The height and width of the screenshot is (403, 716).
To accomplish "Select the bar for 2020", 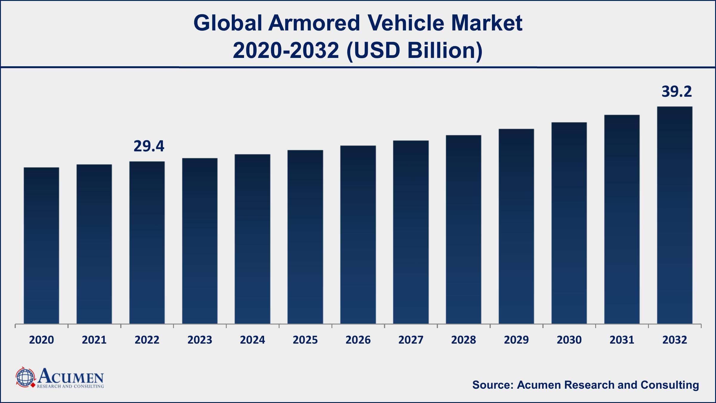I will (41, 245).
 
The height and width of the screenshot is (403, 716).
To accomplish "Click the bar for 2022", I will (147, 242).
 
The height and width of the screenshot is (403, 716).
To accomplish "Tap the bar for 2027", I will (411, 232).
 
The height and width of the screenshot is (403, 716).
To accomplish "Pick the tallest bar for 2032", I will (675, 215).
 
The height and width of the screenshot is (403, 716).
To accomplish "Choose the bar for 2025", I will (305, 237).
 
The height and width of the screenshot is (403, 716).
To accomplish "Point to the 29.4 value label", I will (149, 146).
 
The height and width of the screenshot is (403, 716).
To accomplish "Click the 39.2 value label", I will (676, 91).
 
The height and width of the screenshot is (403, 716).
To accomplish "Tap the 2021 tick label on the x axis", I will (94, 340).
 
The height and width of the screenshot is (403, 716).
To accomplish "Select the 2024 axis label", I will (252, 340).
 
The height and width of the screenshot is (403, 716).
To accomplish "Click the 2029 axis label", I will (516, 340).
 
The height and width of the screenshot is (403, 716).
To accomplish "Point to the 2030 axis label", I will (569, 340).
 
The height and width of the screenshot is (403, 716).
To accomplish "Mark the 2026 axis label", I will (358, 340).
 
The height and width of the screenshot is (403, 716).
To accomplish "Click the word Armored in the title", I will (314, 23).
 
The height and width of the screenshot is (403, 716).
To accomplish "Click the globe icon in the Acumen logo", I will (25, 377).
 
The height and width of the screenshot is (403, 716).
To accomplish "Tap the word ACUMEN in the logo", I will (70, 377).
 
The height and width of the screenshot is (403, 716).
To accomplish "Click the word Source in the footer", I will (492, 385).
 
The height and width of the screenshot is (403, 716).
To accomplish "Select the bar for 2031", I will (622, 219).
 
